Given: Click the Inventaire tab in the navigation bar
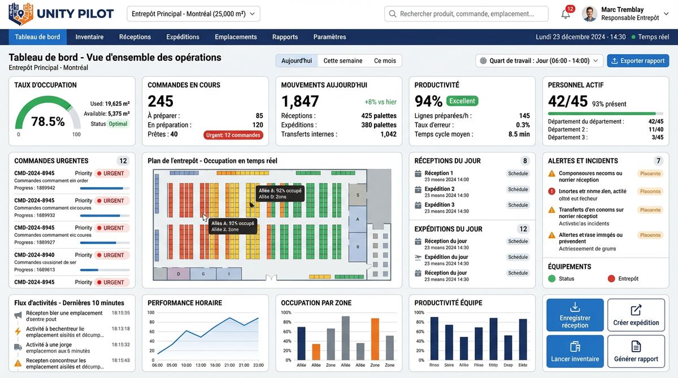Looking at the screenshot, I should [x=89, y=37].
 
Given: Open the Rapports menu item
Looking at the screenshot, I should [x=285, y=37].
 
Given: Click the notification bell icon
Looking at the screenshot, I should [x=566, y=14].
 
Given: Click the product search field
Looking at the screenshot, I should [x=466, y=14].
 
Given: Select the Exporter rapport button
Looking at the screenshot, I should [x=637, y=61].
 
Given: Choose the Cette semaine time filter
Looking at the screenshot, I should [x=343, y=61].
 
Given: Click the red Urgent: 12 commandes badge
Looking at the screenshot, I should [x=233, y=135].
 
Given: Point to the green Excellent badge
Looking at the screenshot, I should [x=462, y=101].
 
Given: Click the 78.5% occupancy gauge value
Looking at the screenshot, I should [x=48, y=121].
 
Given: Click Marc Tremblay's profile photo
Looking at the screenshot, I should [x=589, y=14].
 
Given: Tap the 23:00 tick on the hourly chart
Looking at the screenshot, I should [x=259, y=365].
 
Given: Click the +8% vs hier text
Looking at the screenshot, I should [x=380, y=102].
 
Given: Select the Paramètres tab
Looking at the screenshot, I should [x=329, y=37].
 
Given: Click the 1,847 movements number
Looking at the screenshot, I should [x=300, y=101].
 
